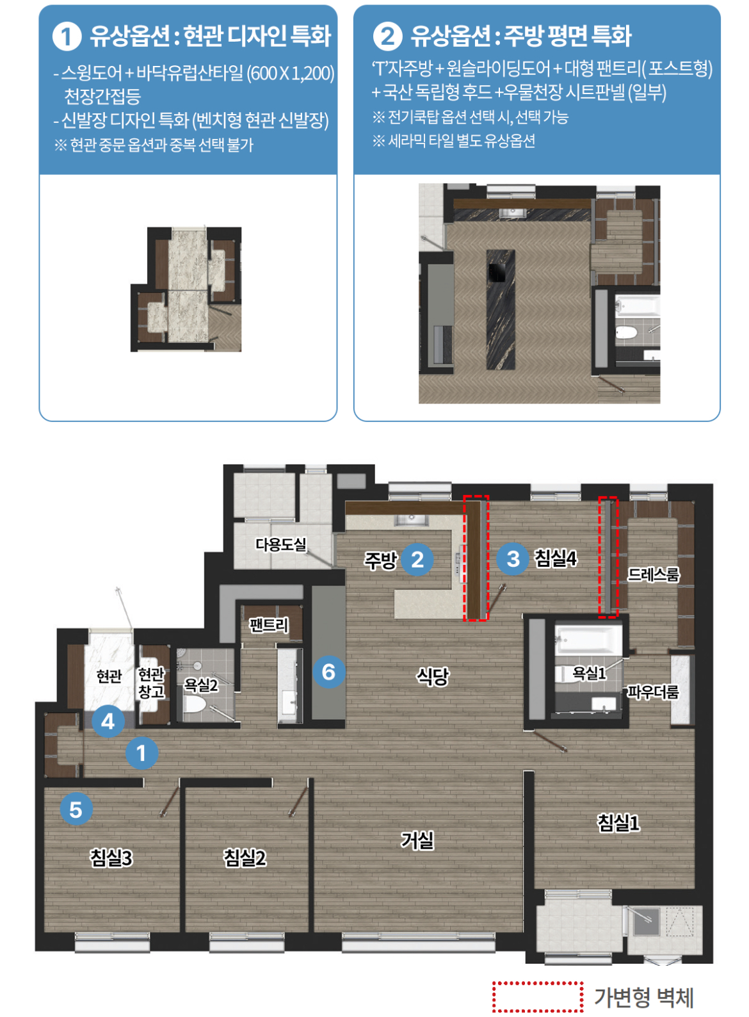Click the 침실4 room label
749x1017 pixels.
(x=556, y=558)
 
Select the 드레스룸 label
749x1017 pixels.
(x=653, y=575)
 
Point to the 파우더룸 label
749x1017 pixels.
(x=653, y=692)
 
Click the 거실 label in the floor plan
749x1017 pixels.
(x=417, y=840)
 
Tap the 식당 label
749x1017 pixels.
(x=433, y=676)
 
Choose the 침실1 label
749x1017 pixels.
(x=618, y=822)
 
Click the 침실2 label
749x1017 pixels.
(x=245, y=858)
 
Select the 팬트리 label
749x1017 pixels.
(x=269, y=625)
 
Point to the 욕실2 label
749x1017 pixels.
(x=200, y=685)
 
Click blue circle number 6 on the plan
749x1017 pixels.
(x=328, y=672)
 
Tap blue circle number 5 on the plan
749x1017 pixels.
(x=76, y=810)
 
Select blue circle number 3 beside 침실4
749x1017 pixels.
(x=513, y=559)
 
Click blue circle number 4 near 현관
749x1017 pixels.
(x=108, y=721)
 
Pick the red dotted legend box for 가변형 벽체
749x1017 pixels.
(x=538, y=997)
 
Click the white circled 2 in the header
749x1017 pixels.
(x=387, y=37)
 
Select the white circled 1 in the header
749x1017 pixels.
(x=67, y=37)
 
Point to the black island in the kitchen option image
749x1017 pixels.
(x=501, y=309)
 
